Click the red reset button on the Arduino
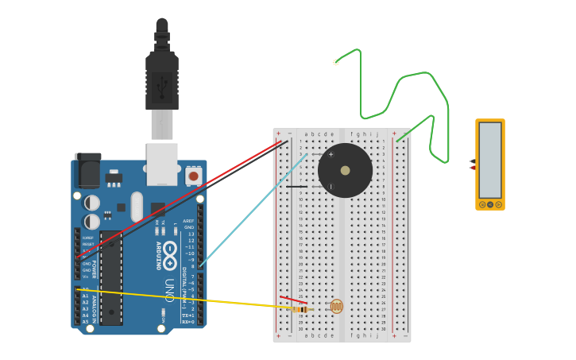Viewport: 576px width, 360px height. (192, 175)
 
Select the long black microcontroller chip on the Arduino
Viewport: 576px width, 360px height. (111, 277)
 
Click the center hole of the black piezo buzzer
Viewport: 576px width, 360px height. (345, 170)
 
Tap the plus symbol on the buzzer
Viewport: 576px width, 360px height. (331, 154)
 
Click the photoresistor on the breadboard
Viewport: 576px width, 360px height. (337, 306)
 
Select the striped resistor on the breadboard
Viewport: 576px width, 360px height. (301, 308)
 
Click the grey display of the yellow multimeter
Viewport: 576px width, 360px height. (490, 160)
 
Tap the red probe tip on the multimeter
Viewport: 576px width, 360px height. (473, 168)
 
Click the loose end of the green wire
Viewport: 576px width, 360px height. (336, 62)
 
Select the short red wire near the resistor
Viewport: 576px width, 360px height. (292, 300)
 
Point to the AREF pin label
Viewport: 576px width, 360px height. (188, 221)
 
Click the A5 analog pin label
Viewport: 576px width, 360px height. (85, 322)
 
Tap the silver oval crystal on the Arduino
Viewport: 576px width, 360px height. (137, 207)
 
